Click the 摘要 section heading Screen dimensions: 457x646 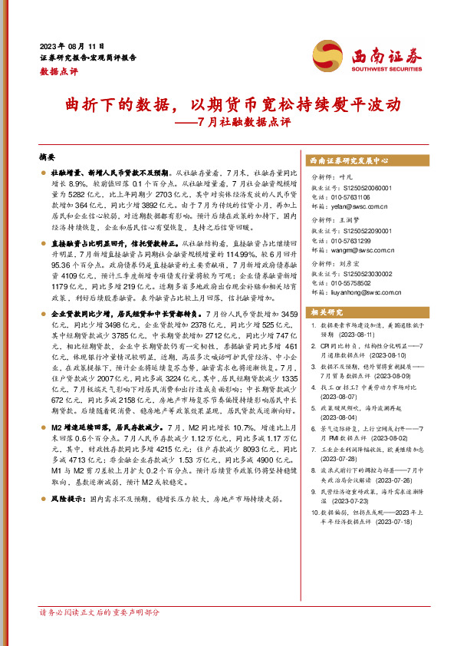48,157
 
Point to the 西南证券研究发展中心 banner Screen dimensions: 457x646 349,160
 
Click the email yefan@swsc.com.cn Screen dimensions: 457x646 360,206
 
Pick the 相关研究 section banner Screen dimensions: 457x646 327,333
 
